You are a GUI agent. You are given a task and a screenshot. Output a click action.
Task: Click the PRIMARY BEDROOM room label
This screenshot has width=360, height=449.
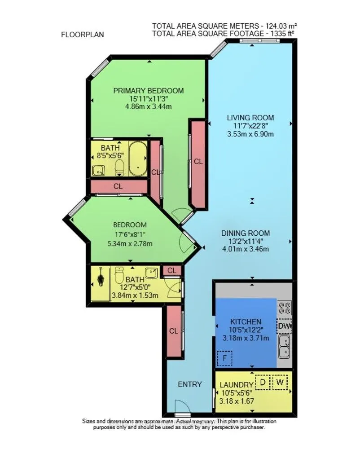(149, 91)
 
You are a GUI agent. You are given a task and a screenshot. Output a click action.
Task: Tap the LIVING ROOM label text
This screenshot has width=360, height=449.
(250, 118)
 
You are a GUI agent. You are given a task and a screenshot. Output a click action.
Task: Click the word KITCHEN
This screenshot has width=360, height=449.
(246, 322)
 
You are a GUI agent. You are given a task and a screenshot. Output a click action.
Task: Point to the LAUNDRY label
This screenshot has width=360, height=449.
(237, 385)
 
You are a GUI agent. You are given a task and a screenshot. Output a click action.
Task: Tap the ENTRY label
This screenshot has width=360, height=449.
(190, 384)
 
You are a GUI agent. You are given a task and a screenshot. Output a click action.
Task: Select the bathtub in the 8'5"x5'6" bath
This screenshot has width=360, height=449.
(137, 159)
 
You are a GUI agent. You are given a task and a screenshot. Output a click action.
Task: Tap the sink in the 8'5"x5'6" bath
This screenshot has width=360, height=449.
(98, 170)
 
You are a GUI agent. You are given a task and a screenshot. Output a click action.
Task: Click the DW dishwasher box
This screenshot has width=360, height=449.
(284, 326)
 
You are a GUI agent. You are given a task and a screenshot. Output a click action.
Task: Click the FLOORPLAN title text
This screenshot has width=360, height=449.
(82, 34)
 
